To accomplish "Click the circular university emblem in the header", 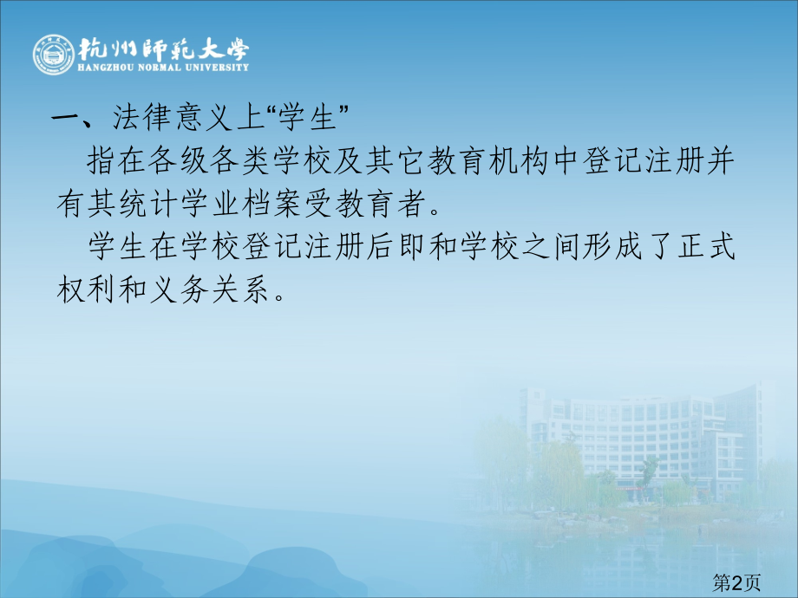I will [x=54, y=55].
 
